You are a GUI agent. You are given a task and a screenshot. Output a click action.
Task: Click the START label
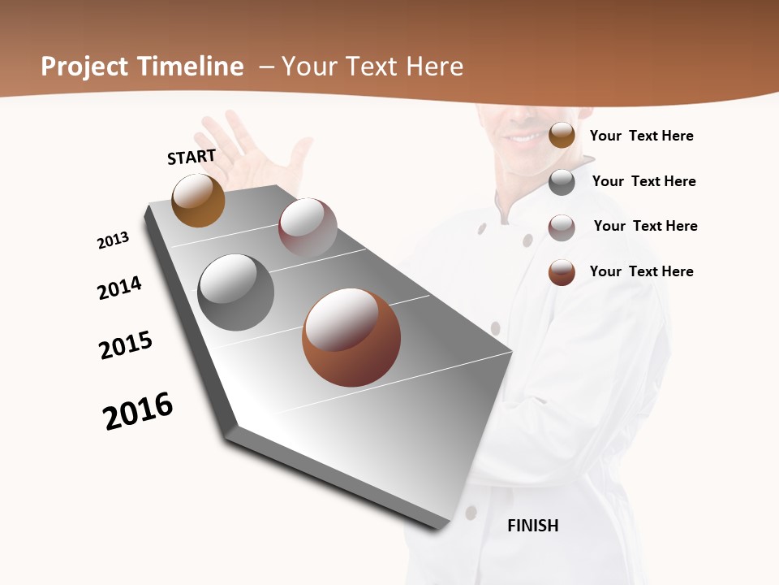point(192,157)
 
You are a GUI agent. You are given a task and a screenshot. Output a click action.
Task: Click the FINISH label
point(533,526)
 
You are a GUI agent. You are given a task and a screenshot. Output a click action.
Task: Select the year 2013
point(114,240)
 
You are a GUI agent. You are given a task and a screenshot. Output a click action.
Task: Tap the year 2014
point(120,288)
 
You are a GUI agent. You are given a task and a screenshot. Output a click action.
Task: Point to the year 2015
point(126,345)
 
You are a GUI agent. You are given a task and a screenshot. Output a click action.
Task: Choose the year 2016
point(138,411)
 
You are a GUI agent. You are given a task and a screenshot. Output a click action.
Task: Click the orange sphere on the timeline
point(198,200)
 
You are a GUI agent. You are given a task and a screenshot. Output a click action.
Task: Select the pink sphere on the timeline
point(308,227)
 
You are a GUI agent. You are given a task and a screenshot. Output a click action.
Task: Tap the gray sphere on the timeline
point(235,292)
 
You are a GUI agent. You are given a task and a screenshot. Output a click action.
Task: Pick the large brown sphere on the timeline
point(351,337)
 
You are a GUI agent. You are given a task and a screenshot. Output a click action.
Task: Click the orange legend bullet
point(562,135)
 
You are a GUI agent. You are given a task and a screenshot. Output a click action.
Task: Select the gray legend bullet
point(562,182)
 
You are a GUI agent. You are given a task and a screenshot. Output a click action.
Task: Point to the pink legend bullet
point(562,227)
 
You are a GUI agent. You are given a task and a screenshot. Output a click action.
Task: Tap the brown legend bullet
point(562,272)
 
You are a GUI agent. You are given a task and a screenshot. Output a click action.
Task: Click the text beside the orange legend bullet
point(641,136)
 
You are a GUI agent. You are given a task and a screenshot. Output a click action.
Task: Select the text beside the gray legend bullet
point(643,181)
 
